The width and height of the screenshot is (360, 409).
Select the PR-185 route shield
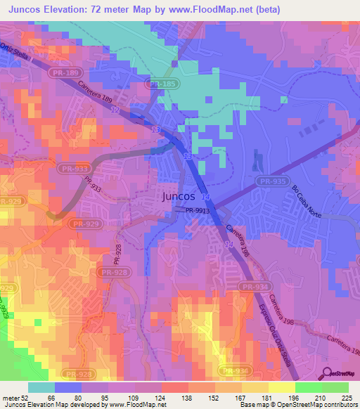point(160,84)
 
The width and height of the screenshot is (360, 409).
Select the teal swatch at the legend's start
point(41,388)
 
